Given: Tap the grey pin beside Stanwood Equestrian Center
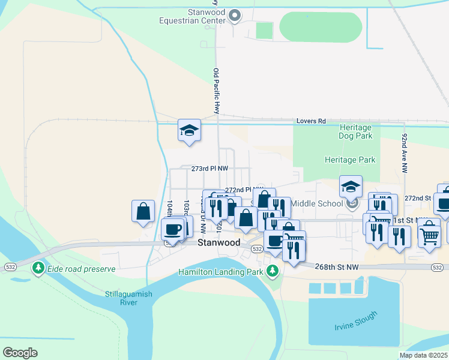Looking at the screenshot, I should pos(235,16).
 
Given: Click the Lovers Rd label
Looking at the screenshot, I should pos(311,121).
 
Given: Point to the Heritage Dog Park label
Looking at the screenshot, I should pos(355,132).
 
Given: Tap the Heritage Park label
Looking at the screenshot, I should pos(349,160).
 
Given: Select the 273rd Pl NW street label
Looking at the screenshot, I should pos(209,169).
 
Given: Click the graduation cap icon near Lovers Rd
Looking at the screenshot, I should pos(188,131).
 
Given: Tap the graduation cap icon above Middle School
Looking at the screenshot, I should pos(351,186).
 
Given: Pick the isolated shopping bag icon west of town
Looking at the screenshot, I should pos(143,211).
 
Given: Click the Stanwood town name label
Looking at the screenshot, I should pos(219,242).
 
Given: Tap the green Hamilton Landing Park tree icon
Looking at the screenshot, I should pos(273,272).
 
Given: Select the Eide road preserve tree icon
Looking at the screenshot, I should pos(38,268).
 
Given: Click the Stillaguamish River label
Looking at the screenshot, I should pos(129,298).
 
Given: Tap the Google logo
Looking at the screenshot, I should pos(20,353).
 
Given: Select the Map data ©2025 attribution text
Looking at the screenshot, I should pos(423,355).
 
